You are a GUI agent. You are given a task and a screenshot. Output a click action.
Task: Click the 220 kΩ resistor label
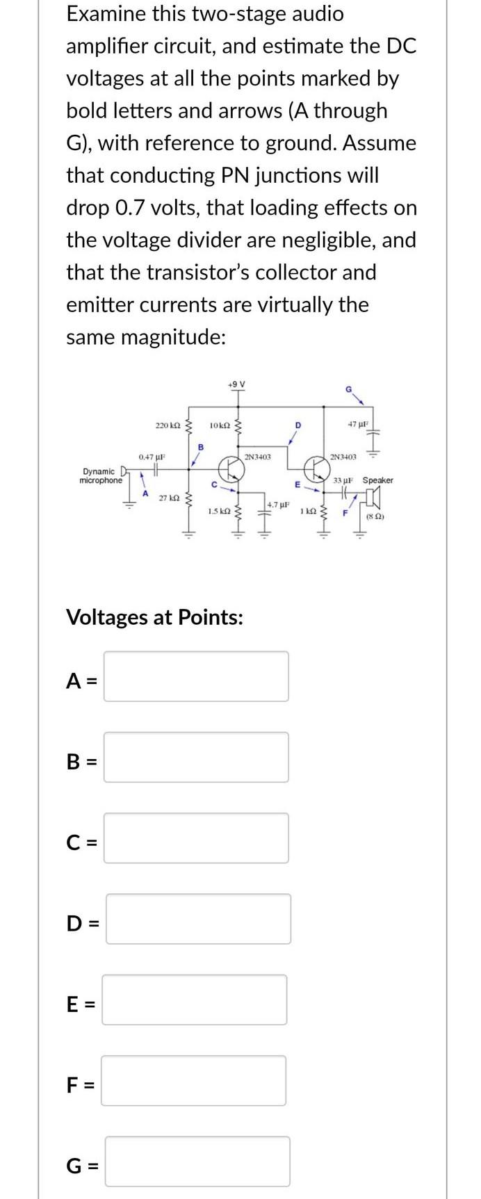pyautogui.click(x=168, y=424)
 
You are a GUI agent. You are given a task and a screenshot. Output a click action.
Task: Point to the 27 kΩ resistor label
pyautogui.click(x=170, y=498)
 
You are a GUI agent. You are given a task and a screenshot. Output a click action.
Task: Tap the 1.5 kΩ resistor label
pyautogui.click(x=219, y=511)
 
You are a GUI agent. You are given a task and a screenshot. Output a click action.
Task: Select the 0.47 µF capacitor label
pyautogui.click(x=151, y=457)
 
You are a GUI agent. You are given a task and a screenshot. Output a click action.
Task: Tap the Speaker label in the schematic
pyautogui.click(x=378, y=480)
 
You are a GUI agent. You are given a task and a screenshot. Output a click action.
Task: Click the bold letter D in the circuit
pyautogui.click(x=297, y=424)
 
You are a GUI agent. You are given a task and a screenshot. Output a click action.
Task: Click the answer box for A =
pyautogui.click(x=196, y=676)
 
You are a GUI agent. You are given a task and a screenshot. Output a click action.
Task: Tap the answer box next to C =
pyautogui.click(x=196, y=838)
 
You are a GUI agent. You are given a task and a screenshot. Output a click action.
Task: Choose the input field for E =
pyautogui.click(x=195, y=1000)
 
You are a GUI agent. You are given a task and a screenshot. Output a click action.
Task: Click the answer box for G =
pyautogui.click(x=197, y=1161)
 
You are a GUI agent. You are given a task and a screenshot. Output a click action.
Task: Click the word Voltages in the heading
pyautogui.click(x=106, y=617)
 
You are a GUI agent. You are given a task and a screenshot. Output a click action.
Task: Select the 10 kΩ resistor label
pyautogui.click(x=220, y=424)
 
